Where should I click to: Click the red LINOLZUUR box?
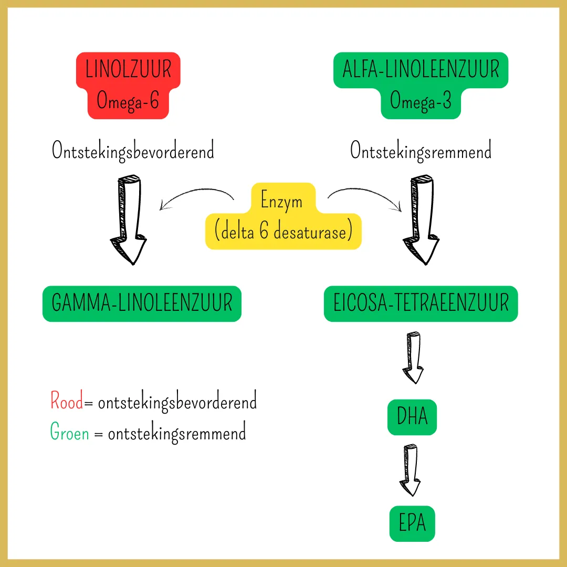[x=129, y=85]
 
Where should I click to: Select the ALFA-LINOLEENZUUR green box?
[x=421, y=85]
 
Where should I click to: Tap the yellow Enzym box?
[x=283, y=216]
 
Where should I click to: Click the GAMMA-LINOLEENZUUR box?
[x=142, y=303]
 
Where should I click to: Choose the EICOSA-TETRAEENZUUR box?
[x=421, y=303]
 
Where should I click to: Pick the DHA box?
[x=412, y=417]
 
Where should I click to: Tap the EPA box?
[x=412, y=524]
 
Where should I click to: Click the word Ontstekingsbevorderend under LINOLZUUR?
[x=133, y=151]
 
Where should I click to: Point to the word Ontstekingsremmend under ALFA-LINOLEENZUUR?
[x=421, y=151]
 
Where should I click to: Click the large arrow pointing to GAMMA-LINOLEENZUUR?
[x=128, y=220]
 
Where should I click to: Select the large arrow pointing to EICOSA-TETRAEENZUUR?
[x=421, y=220]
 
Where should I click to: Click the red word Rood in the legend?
[x=67, y=402]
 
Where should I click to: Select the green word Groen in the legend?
[x=70, y=433]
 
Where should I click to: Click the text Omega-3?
[x=421, y=101]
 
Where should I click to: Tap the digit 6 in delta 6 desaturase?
[x=264, y=232]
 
